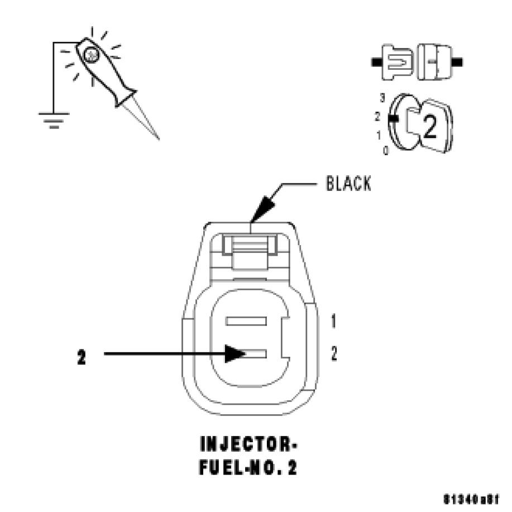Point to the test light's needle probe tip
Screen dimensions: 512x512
(x=158, y=138)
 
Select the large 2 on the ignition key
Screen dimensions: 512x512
(x=429, y=128)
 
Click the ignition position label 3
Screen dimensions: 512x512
(x=383, y=97)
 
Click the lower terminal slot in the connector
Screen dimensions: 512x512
(x=250, y=353)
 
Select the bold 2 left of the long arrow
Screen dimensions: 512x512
(x=82, y=357)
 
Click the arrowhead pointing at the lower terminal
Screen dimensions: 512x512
(x=235, y=353)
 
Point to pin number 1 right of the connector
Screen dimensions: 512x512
(x=333, y=322)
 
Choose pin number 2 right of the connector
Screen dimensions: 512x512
(x=333, y=353)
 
